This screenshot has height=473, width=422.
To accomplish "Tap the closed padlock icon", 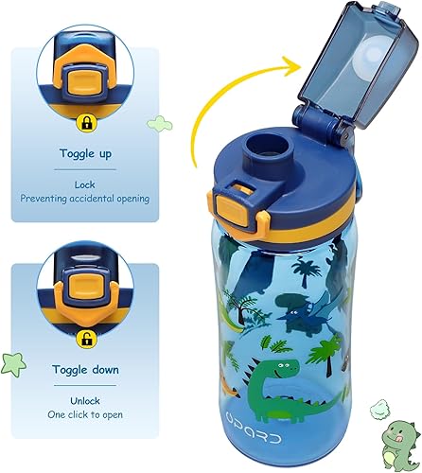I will [86, 122].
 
